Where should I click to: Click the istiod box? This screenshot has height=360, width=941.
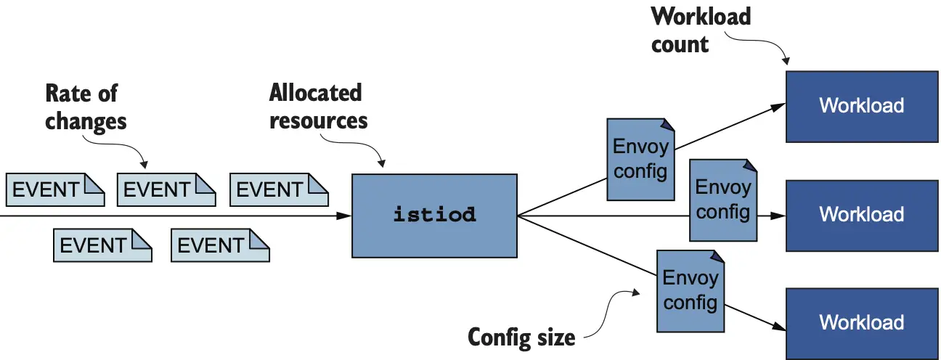[x=434, y=215]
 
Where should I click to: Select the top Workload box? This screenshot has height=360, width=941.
[x=861, y=106]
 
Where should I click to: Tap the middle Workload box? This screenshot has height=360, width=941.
[x=861, y=215]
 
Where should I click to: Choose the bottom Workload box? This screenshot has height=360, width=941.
[x=861, y=323]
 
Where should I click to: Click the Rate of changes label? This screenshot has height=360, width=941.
[x=86, y=107]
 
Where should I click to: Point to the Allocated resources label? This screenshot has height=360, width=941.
[x=318, y=106]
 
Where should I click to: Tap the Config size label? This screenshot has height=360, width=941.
[x=521, y=337]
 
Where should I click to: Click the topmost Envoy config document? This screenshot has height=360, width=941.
[x=640, y=160]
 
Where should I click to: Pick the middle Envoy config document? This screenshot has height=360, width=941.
[x=722, y=200]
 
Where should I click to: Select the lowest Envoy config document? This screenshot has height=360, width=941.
[x=691, y=290]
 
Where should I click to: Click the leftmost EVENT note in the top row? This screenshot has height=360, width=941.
[x=55, y=190]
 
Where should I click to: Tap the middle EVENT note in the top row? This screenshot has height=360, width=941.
[x=166, y=190]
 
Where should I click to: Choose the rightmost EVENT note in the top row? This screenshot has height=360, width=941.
[x=279, y=190]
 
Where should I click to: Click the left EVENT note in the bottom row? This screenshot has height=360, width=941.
[x=102, y=246]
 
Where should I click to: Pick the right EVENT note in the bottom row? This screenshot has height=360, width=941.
[x=220, y=246]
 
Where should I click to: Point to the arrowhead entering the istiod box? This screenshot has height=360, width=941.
[x=345, y=216]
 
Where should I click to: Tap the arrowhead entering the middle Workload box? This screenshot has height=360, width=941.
[x=779, y=216]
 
